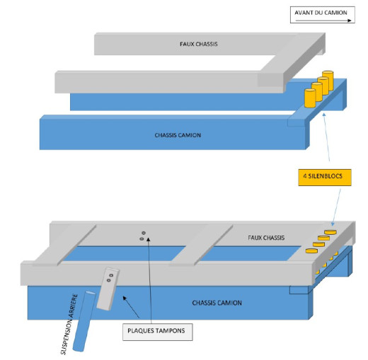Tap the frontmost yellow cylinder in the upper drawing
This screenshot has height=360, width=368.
point(309,98)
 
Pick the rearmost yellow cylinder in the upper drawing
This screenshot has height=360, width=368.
point(328,78)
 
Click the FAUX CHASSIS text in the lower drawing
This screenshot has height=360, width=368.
point(263,238)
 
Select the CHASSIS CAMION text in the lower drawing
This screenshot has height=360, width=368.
point(216,303)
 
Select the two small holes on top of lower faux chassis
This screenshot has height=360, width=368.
point(142,236)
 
